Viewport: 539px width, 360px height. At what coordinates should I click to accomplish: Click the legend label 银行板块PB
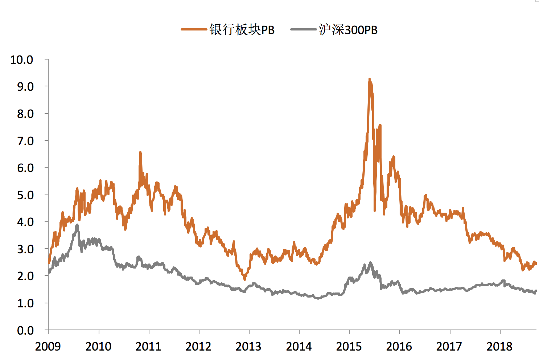tap(242, 30)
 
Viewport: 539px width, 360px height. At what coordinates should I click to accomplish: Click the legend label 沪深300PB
tap(348, 30)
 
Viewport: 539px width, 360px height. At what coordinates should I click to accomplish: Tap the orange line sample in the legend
tap(194, 29)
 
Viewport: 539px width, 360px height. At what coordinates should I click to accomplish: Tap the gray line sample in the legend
tap(304, 29)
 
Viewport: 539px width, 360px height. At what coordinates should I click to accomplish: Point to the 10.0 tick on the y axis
tap(22, 60)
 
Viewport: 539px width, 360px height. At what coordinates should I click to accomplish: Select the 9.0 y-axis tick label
tap(25, 87)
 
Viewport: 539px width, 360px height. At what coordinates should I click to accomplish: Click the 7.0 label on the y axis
tap(25, 141)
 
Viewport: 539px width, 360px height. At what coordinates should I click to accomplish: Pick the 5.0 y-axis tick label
tap(25, 195)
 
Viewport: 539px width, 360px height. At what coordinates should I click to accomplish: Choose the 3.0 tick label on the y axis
tap(25, 249)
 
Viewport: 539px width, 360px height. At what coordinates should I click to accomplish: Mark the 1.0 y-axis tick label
tap(25, 303)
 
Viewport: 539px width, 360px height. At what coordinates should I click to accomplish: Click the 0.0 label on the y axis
tap(25, 330)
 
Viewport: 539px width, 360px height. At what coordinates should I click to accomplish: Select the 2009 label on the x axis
tap(48, 347)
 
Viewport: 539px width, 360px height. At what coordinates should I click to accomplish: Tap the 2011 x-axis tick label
tap(148, 347)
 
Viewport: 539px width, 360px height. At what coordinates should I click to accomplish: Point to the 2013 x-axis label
tap(248, 347)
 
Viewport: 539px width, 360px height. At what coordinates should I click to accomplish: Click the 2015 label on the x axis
tap(349, 347)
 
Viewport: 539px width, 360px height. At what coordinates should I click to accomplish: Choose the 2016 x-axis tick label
tap(399, 347)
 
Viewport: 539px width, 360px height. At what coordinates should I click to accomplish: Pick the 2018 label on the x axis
tap(499, 347)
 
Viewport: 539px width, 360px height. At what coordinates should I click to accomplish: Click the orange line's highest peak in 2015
tap(370, 79)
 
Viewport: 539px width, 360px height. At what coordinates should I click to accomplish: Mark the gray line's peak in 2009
tap(77, 225)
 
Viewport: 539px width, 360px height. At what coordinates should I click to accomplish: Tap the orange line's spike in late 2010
tap(140, 152)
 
